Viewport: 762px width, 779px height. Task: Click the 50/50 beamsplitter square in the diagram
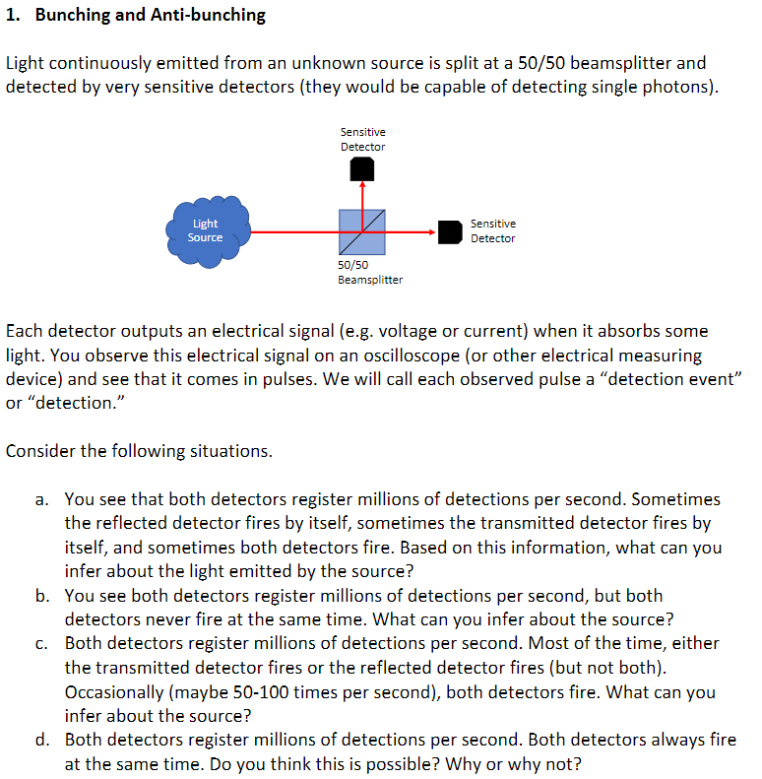point(361,232)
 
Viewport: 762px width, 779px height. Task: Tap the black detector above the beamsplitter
point(362,170)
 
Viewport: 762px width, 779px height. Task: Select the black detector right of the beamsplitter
point(450,231)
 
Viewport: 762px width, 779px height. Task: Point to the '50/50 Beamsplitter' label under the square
point(369,273)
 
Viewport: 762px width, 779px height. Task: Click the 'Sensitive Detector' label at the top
point(362,139)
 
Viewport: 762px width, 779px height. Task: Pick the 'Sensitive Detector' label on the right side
point(492,231)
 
